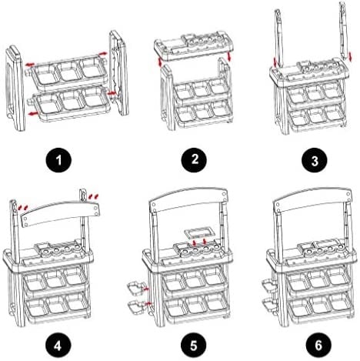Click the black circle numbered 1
(58, 160)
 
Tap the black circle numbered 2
(194, 159)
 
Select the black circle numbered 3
(315, 160)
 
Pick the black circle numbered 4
(58, 345)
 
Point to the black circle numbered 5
(194, 345)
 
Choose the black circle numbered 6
(318, 345)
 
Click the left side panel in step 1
(15, 89)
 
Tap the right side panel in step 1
(118, 73)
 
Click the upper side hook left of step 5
(135, 289)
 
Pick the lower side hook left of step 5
(136, 306)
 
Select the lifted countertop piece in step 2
(194, 47)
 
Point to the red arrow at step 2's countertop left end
(160, 62)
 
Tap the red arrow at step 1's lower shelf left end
(33, 113)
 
